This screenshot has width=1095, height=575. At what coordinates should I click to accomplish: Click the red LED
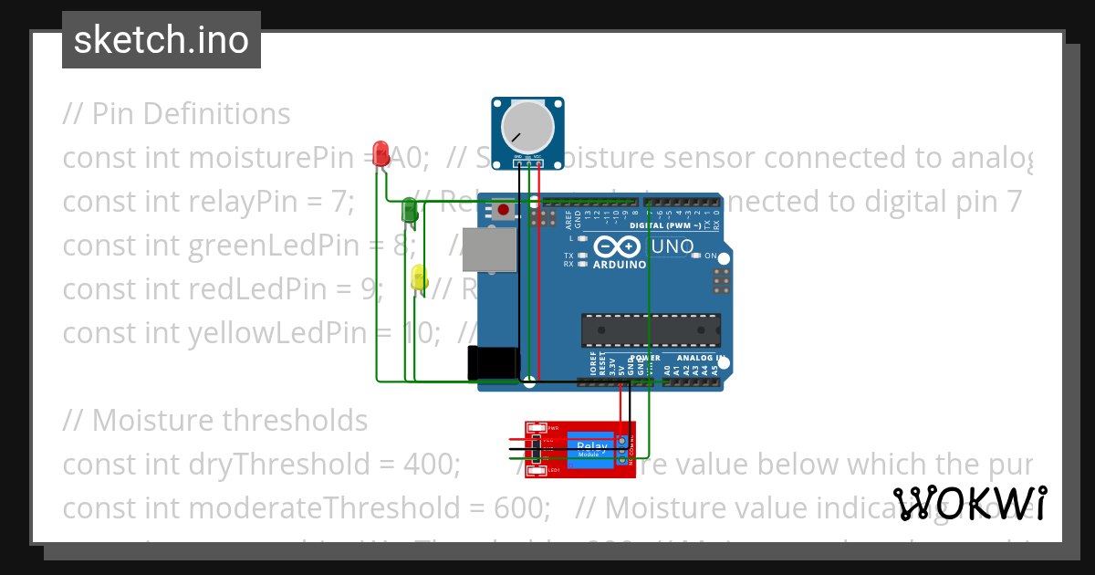pyautogui.click(x=381, y=153)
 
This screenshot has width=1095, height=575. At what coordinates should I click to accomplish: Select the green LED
pyautogui.click(x=410, y=211)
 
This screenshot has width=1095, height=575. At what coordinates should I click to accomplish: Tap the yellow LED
pyautogui.click(x=419, y=277)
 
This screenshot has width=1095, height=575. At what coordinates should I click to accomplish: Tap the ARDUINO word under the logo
pyautogui.click(x=620, y=265)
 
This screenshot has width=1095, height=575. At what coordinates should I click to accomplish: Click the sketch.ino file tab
pyautogui.click(x=162, y=40)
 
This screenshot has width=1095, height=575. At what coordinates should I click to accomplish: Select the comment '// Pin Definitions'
pyautogui.click(x=176, y=114)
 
